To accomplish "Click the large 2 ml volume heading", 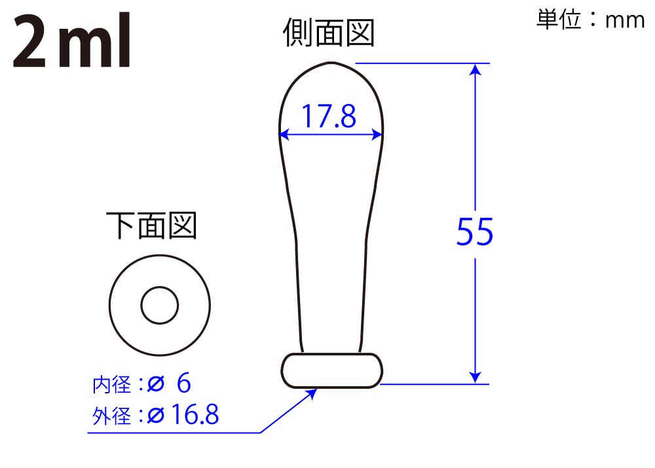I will pos(72,44).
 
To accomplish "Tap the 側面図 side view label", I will pos(329,33).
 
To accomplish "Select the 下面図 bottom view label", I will pos(151,226).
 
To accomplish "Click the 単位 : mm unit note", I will pos(590,20).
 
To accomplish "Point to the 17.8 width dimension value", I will pos(329,117).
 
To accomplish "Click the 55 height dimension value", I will pos(474,232).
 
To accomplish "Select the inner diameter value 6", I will pos(184,384).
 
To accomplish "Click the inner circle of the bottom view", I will pos(160,305).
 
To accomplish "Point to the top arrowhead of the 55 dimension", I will pos(476,69).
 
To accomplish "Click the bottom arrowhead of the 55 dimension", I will pos(476,378).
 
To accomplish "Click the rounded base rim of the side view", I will pos(332,370).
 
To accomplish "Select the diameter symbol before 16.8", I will pos(155,416).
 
